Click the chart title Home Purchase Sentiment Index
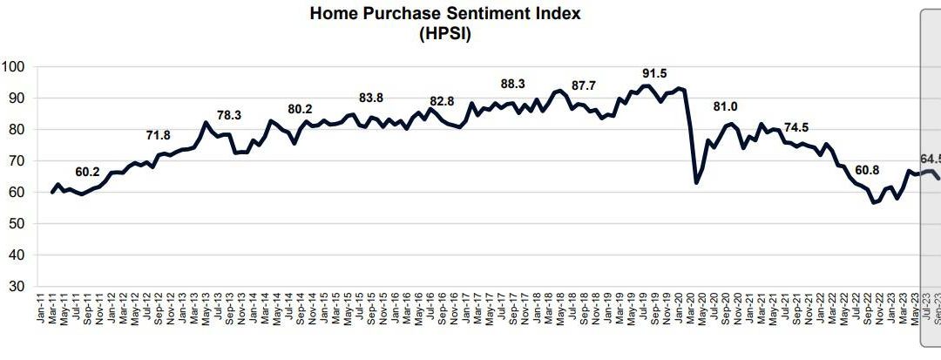point(445,14)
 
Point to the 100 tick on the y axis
point(16,67)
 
